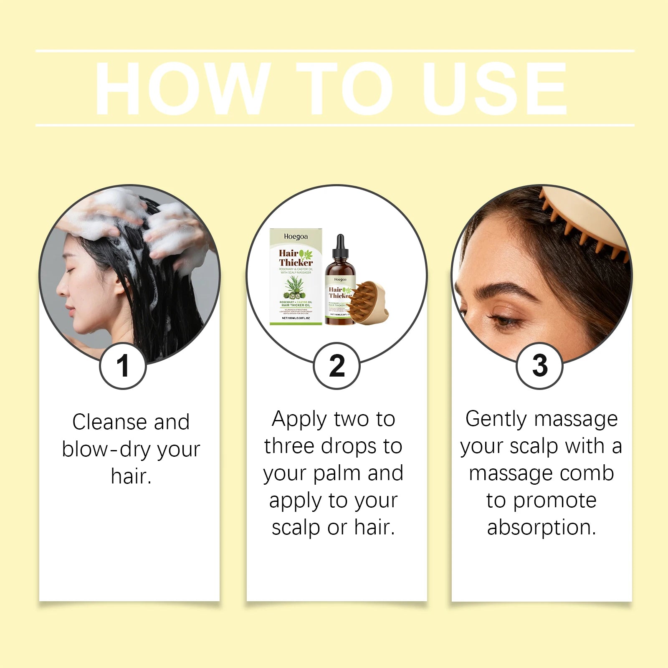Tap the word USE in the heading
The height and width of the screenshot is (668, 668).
(495, 89)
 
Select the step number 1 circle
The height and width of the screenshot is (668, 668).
(123, 366)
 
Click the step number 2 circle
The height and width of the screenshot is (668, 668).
(337, 366)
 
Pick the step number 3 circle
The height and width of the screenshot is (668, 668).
(539, 366)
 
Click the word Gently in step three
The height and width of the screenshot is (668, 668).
(496, 419)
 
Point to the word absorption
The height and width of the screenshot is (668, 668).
(541, 527)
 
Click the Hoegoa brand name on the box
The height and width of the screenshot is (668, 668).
(296, 237)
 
